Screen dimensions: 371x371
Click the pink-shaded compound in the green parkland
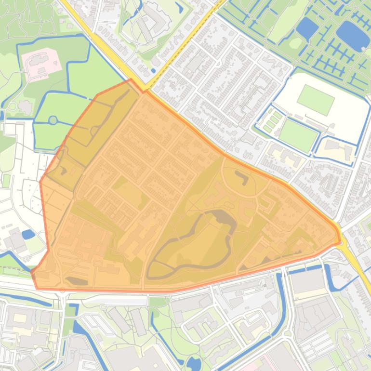[x=41, y=63]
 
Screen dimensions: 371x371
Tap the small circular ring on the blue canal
[x=53, y=120]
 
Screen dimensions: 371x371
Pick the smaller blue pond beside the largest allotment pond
[x=307, y=29]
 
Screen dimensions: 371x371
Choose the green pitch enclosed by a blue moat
[x=298, y=134]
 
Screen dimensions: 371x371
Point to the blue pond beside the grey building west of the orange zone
[x=28, y=235]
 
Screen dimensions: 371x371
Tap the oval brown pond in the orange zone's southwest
[x=77, y=280]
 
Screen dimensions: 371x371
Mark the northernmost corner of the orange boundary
[x=131, y=80]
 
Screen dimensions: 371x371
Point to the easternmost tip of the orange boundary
[x=340, y=242]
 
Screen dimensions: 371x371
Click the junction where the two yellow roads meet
[x=146, y=90]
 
